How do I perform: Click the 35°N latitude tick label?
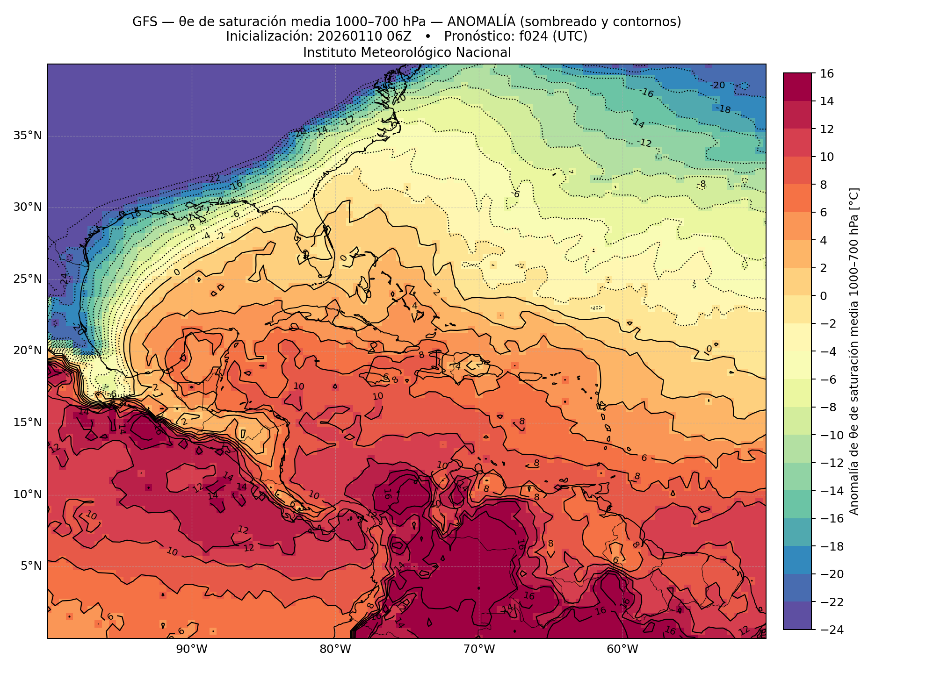coord(27,136)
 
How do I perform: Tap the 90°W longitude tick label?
coord(191,649)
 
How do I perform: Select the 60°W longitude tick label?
coord(622,649)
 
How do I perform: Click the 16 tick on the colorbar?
coord(827,73)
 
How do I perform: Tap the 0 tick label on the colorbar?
coord(824,296)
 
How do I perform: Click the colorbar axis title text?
coord(854,351)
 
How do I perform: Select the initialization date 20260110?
coord(347,36)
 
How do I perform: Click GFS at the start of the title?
coord(145,21)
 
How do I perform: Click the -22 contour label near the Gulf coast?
coord(213,179)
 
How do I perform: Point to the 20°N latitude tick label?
coord(27,351)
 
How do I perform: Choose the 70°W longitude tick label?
coord(479,649)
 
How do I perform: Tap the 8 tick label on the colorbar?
coord(824,185)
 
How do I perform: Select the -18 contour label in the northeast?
coord(723,109)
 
